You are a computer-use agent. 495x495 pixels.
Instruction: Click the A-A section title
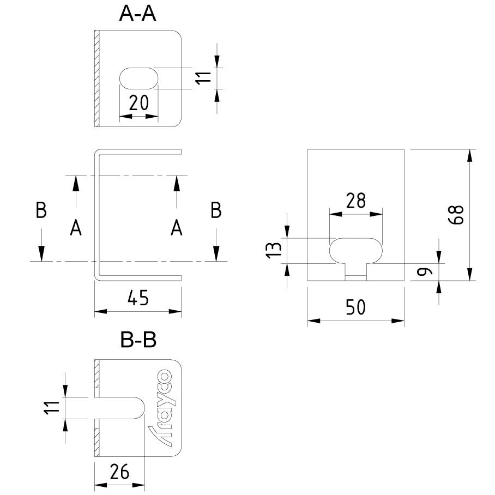tap(138, 15)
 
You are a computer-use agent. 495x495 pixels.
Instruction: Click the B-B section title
tap(138, 341)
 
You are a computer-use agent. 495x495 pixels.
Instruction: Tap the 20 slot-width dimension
tap(138, 103)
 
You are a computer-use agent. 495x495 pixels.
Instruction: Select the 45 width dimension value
tap(138, 298)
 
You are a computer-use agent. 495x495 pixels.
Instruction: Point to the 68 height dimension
tap(456, 215)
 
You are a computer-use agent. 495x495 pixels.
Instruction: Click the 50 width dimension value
tap(355, 307)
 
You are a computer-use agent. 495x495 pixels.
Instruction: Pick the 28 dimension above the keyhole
tap(355, 201)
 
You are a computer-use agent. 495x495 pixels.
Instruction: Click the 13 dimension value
tap(276, 250)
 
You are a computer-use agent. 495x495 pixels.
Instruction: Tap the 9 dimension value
tap(427, 270)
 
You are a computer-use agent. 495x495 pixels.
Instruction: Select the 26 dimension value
tap(119, 472)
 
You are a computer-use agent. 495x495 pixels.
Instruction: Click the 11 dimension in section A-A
tap(203, 78)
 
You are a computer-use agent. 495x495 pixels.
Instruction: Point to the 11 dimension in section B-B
tap(52, 408)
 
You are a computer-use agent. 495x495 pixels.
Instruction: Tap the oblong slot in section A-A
tap(138, 77)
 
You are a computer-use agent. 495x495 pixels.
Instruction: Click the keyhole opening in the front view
tap(355, 252)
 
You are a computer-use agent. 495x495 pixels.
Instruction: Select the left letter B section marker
tap(41, 210)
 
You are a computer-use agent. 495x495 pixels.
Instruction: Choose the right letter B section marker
tap(216, 210)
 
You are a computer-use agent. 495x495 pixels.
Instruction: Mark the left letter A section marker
tap(76, 228)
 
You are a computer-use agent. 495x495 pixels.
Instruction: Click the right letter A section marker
tap(176, 228)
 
